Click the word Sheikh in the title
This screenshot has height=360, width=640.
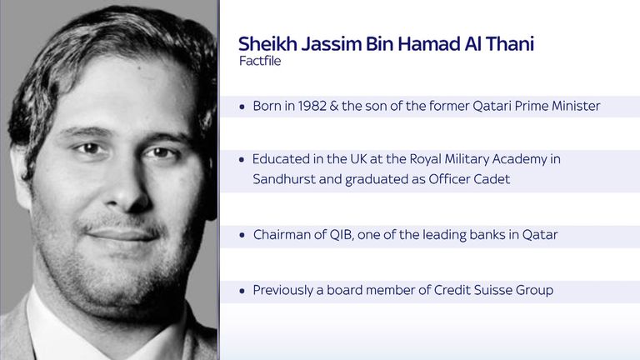tap(267, 43)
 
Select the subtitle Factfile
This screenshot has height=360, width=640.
tap(260, 61)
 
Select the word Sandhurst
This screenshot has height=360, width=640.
tap(284, 179)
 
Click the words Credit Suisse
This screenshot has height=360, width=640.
tap(473, 290)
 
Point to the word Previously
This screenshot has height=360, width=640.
tap(282, 290)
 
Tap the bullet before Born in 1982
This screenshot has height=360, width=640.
tap(242, 107)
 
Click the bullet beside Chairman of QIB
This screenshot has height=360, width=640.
tap(242, 236)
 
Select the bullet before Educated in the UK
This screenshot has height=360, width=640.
tap(242, 160)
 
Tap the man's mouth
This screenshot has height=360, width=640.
tap(122, 234)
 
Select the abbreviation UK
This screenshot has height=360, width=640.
tap(359, 159)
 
